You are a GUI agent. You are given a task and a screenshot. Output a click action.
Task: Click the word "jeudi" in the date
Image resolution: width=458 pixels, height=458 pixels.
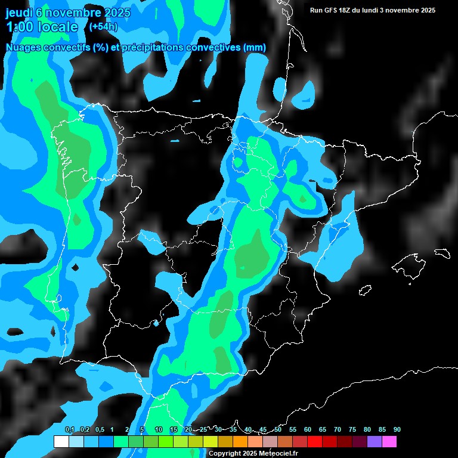click(19, 13)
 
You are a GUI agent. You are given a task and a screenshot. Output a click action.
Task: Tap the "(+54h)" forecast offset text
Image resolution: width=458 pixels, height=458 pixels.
click(103, 27)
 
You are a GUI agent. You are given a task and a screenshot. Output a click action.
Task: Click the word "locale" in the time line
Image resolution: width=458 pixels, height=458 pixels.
click(56, 27)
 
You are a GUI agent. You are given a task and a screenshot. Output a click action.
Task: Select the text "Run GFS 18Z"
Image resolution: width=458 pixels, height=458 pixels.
click(330, 10)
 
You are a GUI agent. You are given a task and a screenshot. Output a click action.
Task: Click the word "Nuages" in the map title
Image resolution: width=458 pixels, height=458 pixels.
click(23, 48)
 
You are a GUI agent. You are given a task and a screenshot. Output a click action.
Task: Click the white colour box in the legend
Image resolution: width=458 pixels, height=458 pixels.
click(61, 441)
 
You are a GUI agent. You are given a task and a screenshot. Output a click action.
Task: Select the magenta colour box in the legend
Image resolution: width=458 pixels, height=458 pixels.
click(389, 441)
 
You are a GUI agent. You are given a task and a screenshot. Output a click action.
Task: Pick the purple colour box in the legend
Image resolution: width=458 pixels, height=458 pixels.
click(375, 441)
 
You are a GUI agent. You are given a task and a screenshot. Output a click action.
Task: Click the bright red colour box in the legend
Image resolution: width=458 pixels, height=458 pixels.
click(315, 441)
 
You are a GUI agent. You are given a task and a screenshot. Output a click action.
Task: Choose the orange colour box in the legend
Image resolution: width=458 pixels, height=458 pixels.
click(240, 441)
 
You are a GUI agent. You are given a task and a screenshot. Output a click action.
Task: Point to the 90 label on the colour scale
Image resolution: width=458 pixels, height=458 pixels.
click(397, 429)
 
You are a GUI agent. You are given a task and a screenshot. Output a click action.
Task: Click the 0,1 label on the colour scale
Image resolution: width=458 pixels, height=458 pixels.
click(69, 429)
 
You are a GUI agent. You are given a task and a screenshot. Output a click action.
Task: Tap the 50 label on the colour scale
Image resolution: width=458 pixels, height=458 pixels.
click(278, 429)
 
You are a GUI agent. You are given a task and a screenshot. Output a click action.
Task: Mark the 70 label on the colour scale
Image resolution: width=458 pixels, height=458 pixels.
click(338, 429)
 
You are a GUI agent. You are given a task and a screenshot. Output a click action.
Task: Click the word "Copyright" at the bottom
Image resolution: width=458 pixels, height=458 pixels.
click(225, 454)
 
